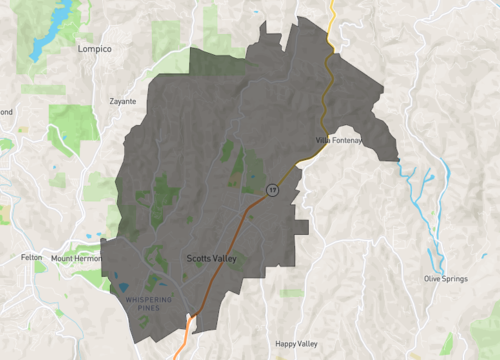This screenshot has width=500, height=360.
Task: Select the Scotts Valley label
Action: coord(212,258)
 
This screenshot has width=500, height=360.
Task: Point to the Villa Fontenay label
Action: coord(337,139)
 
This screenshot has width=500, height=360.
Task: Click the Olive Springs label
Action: coord(446,278)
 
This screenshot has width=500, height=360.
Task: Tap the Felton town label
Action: coord(31,257)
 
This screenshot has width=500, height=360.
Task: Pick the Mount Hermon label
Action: coord(76,258)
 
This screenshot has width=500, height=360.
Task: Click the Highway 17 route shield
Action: coord(271,189)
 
